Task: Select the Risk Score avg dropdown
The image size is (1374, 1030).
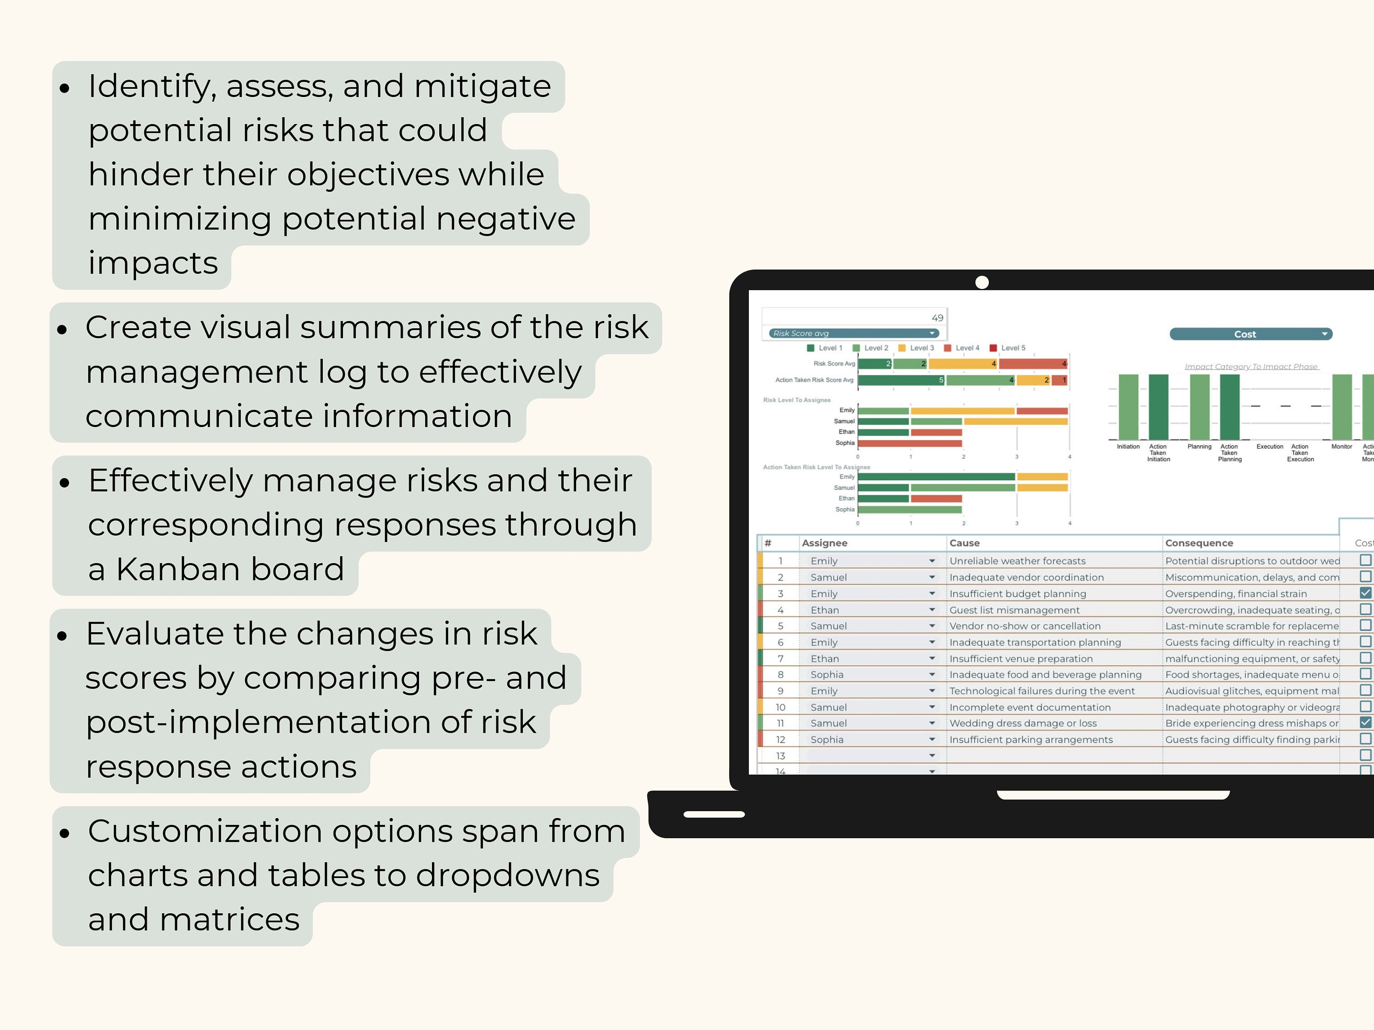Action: [853, 333]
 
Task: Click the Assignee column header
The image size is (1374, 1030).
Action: [824, 542]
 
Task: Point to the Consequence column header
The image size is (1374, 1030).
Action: [1199, 542]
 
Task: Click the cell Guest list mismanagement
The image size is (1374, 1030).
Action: [1014, 610]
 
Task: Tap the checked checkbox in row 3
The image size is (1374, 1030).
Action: [1365, 593]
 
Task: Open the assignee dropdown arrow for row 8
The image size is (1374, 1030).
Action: [932, 674]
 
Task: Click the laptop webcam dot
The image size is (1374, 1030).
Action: [982, 282]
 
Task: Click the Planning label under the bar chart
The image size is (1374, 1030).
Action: [1199, 446]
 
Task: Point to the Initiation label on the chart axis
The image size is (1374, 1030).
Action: [1128, 446]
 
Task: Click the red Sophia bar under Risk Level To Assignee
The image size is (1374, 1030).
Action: [910, 443]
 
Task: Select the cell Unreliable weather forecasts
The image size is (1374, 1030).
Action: [1018, 561]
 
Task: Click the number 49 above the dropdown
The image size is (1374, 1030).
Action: [938, 318]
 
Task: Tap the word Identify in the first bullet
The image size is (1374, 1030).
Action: [147, 87]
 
